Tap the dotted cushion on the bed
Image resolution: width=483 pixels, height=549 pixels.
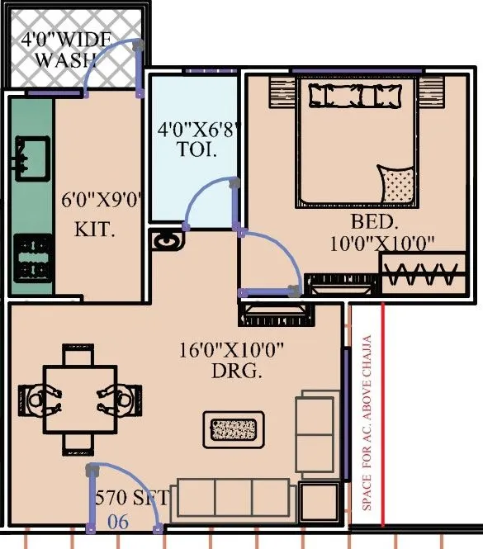point(397,184)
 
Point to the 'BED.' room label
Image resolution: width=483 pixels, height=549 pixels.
point(375,222)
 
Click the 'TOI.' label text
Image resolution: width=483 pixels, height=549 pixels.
point(197,151)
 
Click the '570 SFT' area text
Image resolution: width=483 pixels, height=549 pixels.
point(132,498)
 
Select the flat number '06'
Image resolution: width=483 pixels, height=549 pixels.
point(119,521)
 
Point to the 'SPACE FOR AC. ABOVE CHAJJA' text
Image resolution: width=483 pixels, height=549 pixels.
point(367,421)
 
